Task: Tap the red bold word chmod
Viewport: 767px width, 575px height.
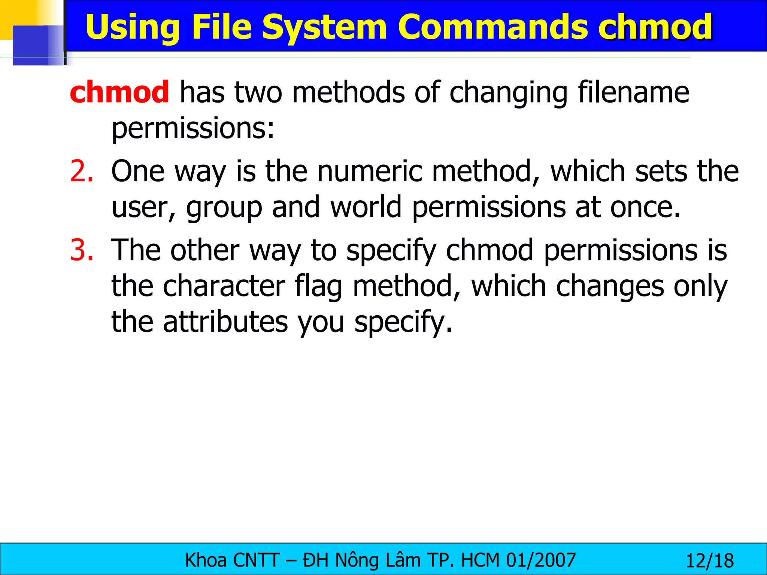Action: click(119, 92)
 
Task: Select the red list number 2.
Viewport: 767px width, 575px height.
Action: click(81, 171)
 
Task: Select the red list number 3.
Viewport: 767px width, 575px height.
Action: click(81, 250)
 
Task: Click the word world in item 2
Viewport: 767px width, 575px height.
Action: click(366, 207)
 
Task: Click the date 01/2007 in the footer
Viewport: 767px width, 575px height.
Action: click(541, 560)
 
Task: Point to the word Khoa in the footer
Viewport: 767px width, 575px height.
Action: click(206, 560)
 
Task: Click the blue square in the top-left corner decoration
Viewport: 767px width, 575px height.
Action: click(34, 45)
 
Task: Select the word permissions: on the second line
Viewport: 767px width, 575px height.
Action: click(193, 128)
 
